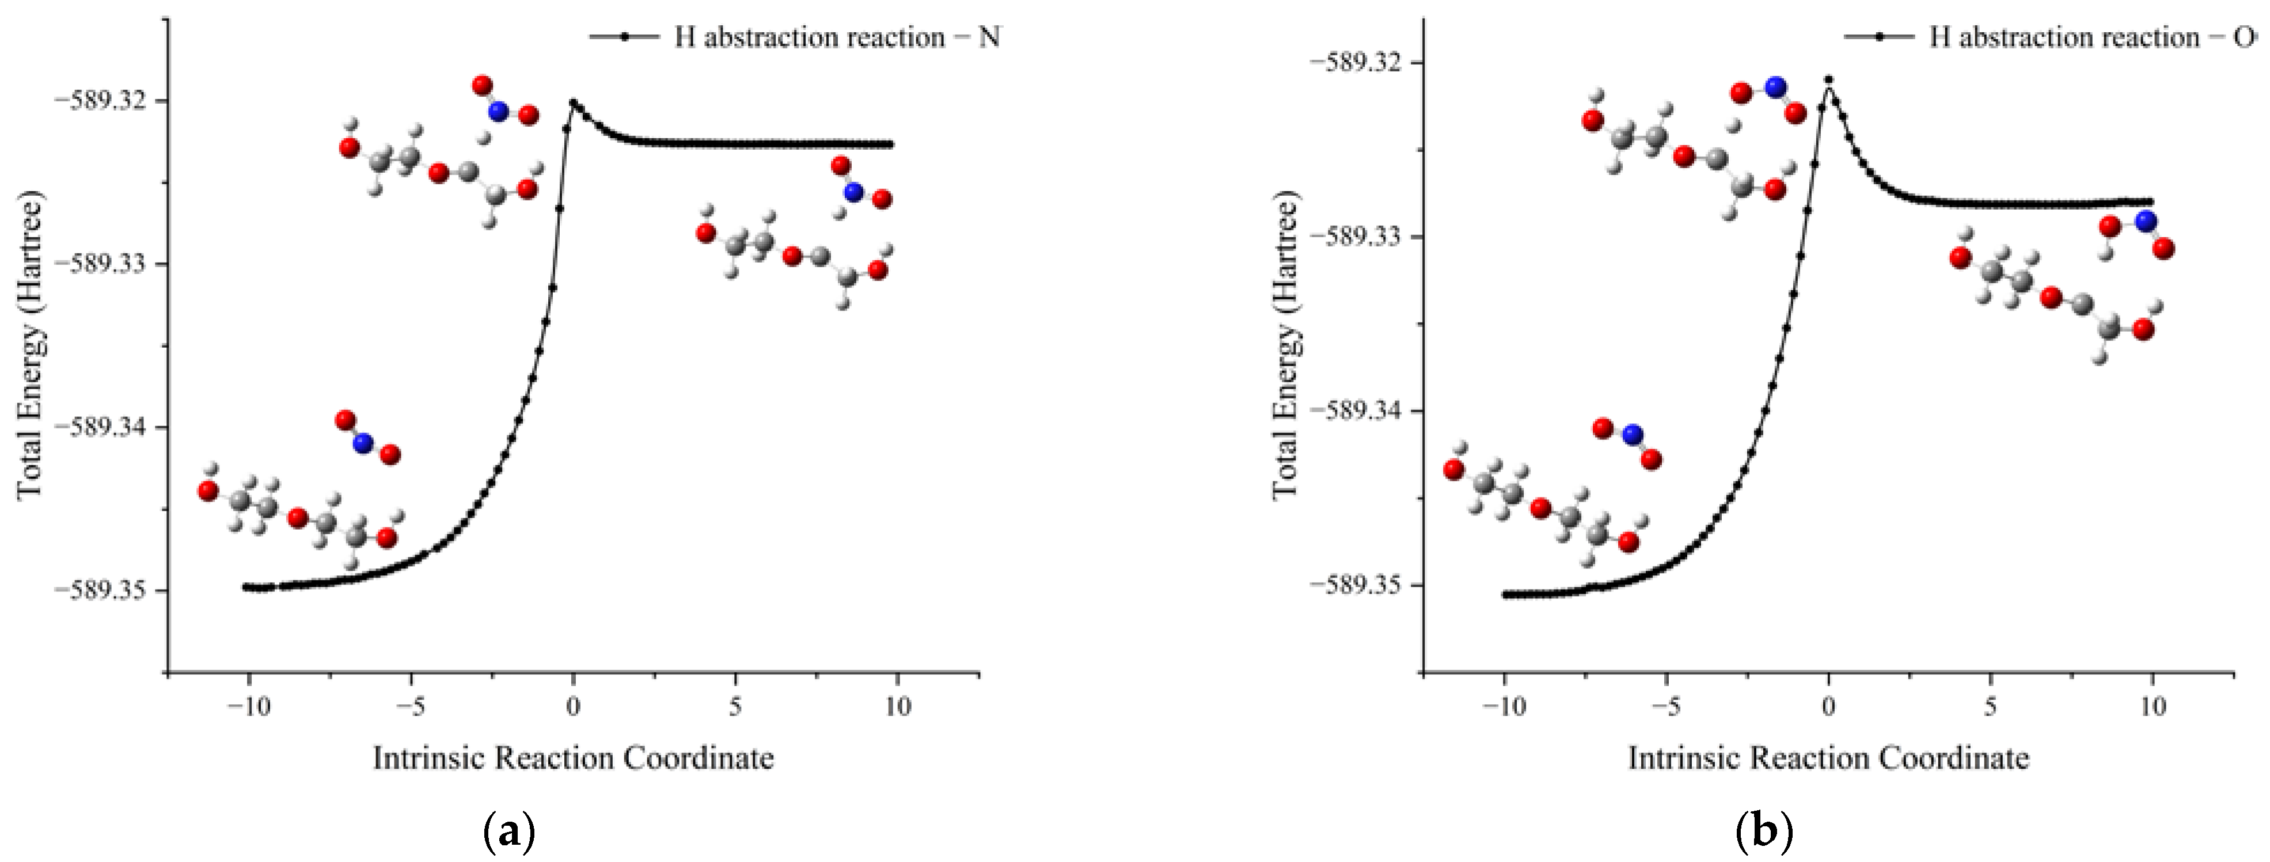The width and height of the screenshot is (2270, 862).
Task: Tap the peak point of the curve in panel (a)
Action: click(573, 102)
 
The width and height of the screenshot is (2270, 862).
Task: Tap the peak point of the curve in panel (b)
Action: click(1828, 79)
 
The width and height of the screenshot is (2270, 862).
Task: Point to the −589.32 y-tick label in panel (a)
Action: click(104, 100)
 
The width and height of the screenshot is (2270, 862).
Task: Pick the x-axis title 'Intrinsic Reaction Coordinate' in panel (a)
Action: click(573, 758)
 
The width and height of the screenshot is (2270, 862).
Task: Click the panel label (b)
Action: click(1765, 830)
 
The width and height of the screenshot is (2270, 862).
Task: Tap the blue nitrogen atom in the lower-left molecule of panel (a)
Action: click(363, 443)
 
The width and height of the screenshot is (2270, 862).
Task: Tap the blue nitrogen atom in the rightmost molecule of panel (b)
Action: click(2146, 221)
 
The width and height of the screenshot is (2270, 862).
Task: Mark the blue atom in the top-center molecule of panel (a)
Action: click(499, 112)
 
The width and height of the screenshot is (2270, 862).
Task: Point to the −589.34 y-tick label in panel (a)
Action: click(104, 427)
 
